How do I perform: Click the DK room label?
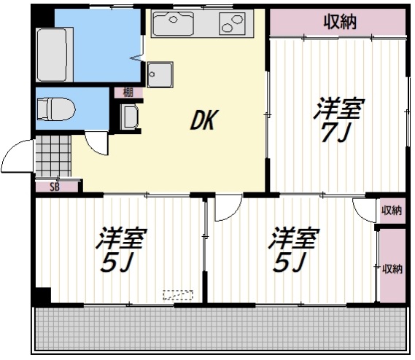(x=203, y=120)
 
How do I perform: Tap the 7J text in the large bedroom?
(x=336, y=133)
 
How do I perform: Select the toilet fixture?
(x=56, y=109)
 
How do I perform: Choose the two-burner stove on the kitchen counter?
(x=231, y=23)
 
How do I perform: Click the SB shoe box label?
(x=55, y=187)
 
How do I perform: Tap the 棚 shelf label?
(x=128, y=93)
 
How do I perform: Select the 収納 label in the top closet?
(x=340, y=22)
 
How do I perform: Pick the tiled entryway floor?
(x=53, y=156)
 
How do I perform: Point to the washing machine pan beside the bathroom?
(x=160, y=74)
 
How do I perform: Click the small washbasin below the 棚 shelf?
(x=129, y=117)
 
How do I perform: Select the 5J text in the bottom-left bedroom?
(x=117, y=262)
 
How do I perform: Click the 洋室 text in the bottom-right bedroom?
(x=293, y=238)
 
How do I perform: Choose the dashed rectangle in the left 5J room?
(x=177, y=295)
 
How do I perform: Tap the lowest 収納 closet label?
(x=392, y=269)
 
